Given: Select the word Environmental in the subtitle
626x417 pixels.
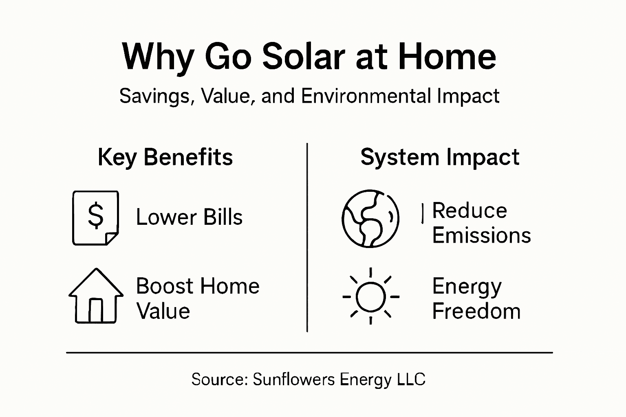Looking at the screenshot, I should (366, 97).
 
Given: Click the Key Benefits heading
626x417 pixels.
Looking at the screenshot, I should (165, 157).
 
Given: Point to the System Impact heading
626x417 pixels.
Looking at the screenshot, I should (440, 157).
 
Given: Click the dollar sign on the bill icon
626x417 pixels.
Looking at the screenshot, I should (96, 216).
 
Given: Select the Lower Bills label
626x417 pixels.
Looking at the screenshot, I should (189, 217).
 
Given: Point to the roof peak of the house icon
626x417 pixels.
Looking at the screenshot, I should (96, 270).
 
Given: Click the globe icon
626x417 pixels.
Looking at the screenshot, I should (370, 218).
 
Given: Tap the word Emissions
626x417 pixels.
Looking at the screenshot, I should (481, 236).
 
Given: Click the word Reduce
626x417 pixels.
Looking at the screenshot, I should (469, 211).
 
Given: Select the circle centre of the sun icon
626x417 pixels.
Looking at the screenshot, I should (370, 296).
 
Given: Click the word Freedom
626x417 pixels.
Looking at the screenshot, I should (476, 312).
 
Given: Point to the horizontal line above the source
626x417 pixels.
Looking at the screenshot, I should (309, 353).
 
